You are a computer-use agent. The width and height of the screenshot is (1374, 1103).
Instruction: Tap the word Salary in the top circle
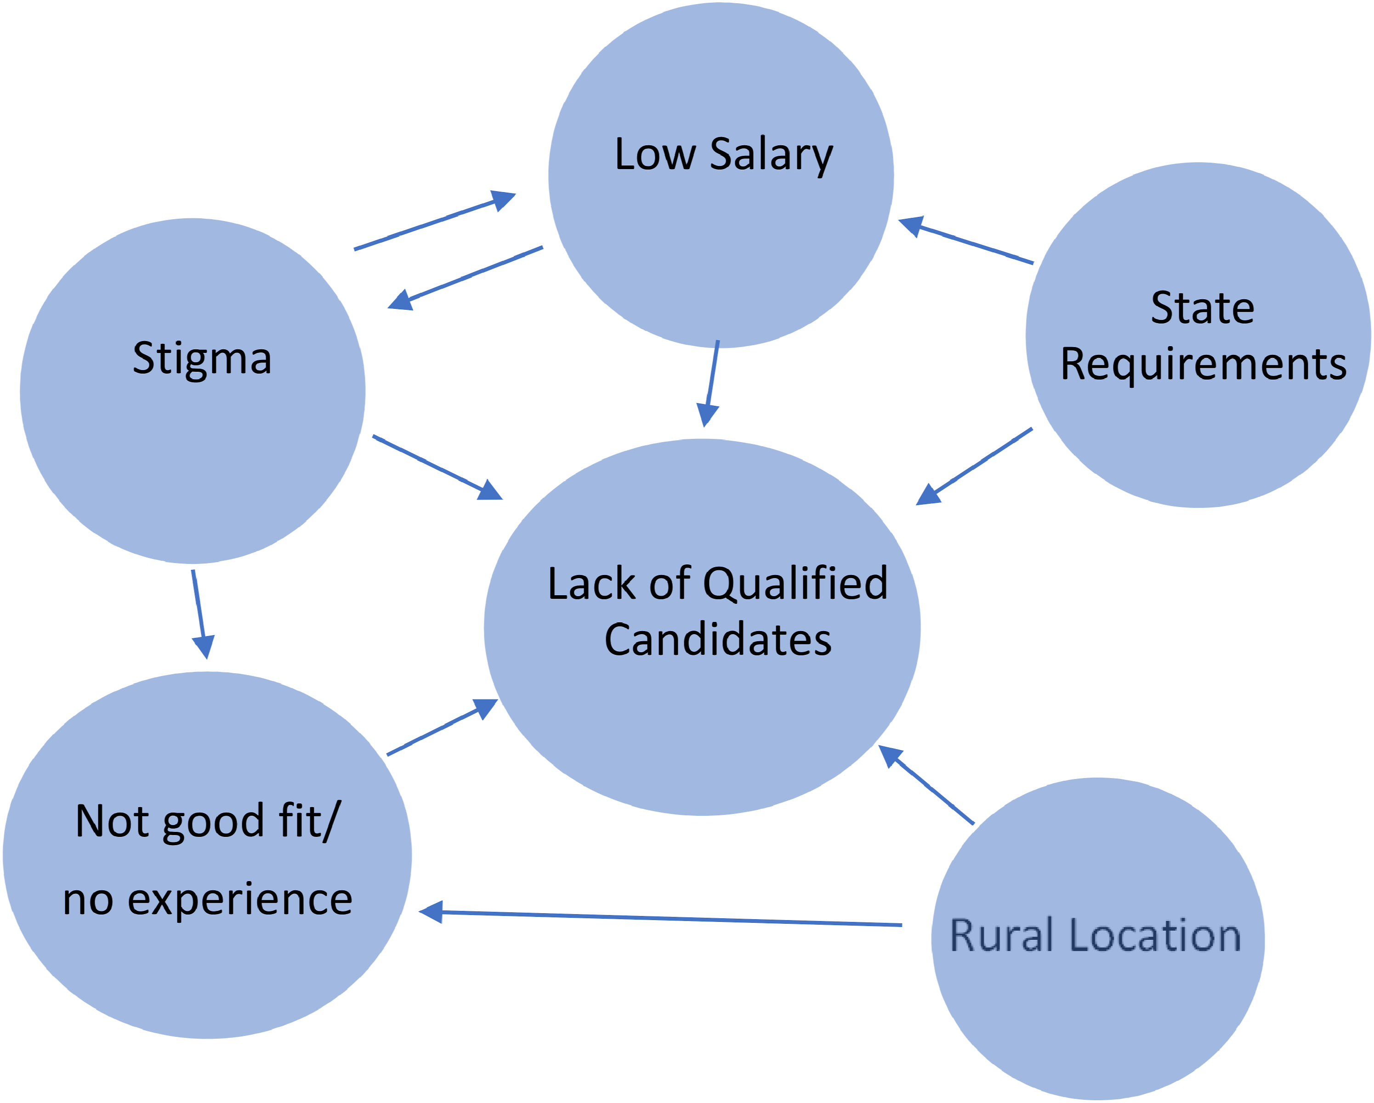771,155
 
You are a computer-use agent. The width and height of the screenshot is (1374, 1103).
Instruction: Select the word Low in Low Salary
655,154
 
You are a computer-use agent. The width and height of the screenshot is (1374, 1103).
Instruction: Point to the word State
1203,308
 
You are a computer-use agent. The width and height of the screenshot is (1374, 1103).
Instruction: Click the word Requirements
1203,365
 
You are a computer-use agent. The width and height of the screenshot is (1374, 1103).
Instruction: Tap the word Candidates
718,640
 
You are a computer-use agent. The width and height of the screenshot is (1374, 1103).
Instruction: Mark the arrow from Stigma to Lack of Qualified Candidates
438,467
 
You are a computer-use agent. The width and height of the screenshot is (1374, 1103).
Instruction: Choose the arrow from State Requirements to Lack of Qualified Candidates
974,466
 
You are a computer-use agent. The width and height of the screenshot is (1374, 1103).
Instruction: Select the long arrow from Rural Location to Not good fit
660,918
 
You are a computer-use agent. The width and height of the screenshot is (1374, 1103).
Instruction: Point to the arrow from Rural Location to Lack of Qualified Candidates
926,785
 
